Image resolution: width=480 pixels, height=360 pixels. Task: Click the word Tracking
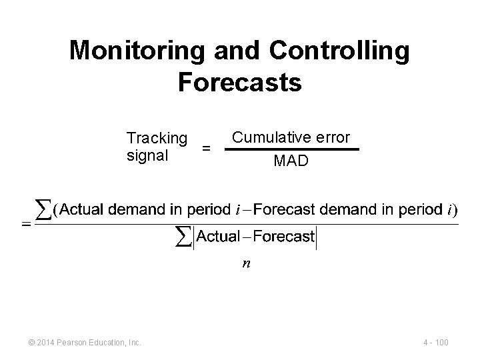point(157,138)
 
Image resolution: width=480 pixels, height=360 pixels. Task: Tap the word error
point(331,138)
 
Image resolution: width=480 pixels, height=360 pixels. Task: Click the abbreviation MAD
point(291,161)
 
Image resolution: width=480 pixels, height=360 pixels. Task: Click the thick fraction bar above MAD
point(291,149)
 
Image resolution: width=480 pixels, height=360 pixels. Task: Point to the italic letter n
point(246,263)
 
